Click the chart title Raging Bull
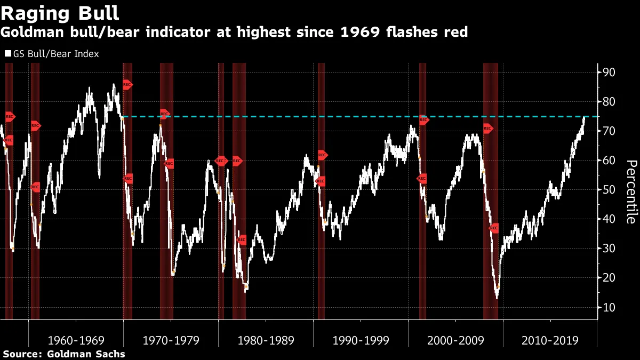point(60,12)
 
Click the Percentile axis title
point(630,191)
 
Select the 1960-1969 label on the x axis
point(76,340)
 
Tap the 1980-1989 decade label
point(266,340)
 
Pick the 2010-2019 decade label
point(550,340)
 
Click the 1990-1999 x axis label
point(361,340)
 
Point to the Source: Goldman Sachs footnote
point(63,354)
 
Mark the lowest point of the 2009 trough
point(497,298)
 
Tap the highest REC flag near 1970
point(127,84)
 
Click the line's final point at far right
point(584,117)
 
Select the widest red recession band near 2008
point(491,191)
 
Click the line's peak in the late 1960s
point(114,84)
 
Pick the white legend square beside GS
point(8,54)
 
